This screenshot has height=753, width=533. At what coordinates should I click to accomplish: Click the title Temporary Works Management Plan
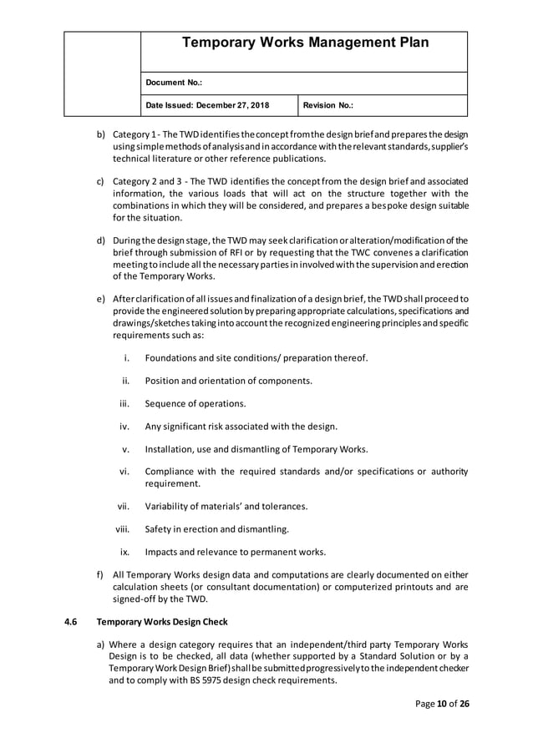[x=304, y=43]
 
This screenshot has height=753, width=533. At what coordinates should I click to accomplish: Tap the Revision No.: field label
[x=327, y=106]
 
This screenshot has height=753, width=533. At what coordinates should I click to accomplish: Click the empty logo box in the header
[x=102, y=73]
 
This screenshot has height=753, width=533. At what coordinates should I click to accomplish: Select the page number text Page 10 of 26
[x=442, y=704]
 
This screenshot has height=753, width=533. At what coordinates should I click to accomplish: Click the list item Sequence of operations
[x=195, y=403]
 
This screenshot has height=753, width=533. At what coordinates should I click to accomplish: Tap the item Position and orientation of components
[x=229, y=381]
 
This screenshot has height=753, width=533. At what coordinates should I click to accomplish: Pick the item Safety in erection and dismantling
[x=217, y=528]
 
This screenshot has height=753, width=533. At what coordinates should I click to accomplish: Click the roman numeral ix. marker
[x=124, y=551]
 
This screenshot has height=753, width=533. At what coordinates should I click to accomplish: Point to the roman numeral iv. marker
[x=124, y=426]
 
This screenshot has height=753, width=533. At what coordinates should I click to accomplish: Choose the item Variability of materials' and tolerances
[x=226, y=506]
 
